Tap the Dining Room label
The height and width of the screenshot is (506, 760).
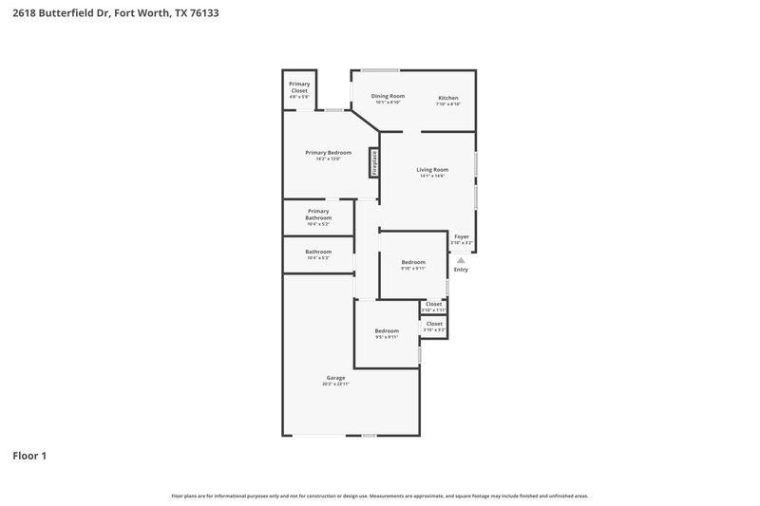click(x=388, y=96)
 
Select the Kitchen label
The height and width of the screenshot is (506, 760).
click(x=448, y=98)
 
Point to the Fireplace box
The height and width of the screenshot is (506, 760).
click(x=374, y=162)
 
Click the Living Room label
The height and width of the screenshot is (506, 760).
click(x=432, y=170)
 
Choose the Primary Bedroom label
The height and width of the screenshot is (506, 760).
click(x=328, y=153)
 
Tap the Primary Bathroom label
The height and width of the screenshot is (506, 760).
click(x=318, y=215)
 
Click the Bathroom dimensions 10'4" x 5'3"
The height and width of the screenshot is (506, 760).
click(x=318, y=258)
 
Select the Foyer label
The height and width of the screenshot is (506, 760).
click(x=462, y=236)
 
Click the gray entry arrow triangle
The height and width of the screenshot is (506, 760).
click(x=461, y=258)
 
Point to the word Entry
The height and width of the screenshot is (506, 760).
click(x=461, y=270)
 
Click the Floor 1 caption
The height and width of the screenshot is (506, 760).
click(x=29, y=456)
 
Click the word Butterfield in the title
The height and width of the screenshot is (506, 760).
click(x=73, y=13)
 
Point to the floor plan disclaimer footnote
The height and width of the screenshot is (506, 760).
click(x=379, y=496)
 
